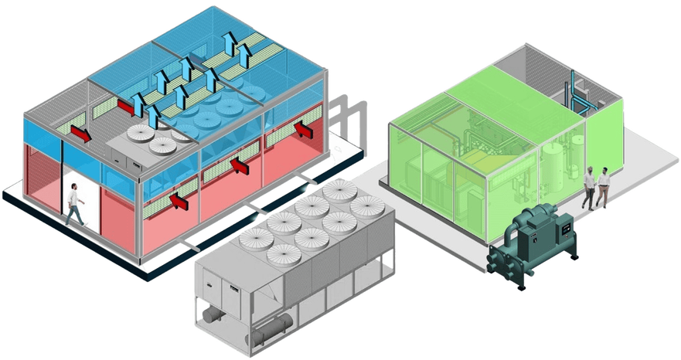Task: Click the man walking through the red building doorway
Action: click(x=74, y=204)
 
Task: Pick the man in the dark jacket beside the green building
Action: click(x=588, y=185)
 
